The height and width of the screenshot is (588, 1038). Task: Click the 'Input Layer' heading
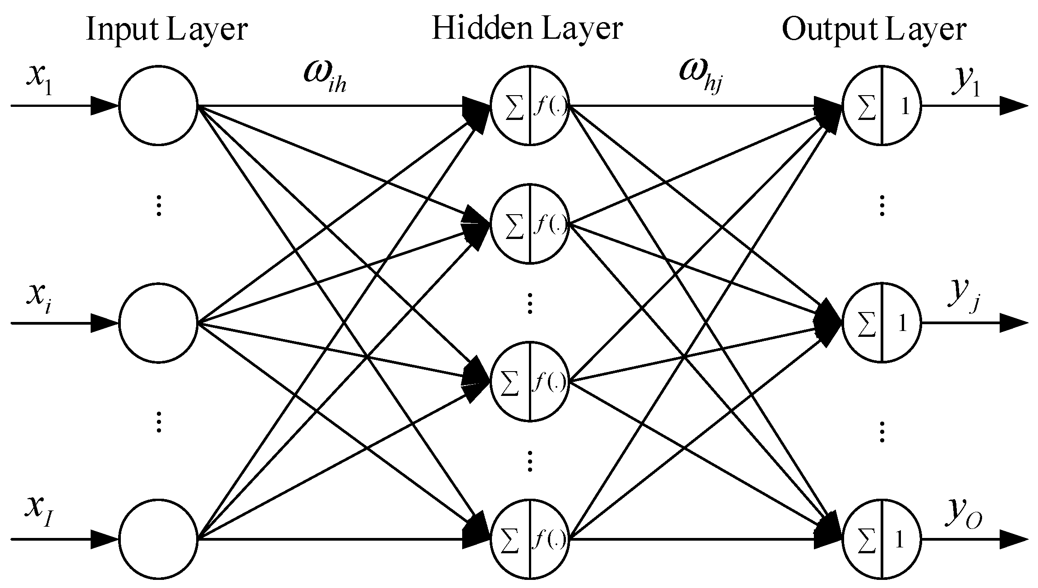166,30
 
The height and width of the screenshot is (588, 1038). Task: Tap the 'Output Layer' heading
874,30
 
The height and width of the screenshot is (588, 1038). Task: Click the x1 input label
40,77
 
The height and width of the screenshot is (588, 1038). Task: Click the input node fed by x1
158,106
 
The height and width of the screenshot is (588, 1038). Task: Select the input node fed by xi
158,323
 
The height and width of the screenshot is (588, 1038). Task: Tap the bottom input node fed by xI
158,539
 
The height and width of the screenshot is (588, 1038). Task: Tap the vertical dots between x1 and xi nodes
158,205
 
